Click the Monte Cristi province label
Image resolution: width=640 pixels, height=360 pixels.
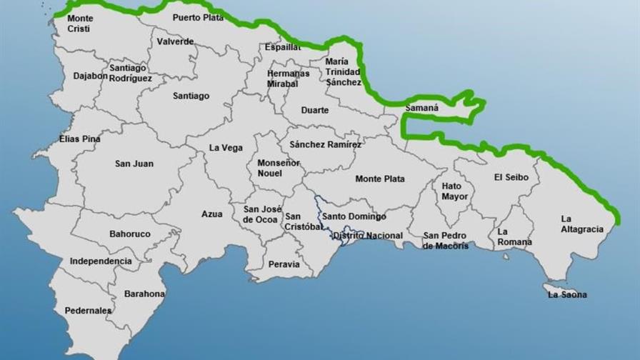80,22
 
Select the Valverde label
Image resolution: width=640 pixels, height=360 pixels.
175,41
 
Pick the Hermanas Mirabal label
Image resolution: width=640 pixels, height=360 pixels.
289,78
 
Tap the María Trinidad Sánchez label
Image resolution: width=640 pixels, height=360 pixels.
344,72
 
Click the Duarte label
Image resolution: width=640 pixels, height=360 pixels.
314,110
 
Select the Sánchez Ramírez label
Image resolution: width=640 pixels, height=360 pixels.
326,144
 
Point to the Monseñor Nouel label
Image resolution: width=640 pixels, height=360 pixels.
279,168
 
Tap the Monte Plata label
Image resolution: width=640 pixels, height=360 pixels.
380,179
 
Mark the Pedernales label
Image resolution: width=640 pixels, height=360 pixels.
88,311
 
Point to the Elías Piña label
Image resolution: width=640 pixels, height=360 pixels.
79,139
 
